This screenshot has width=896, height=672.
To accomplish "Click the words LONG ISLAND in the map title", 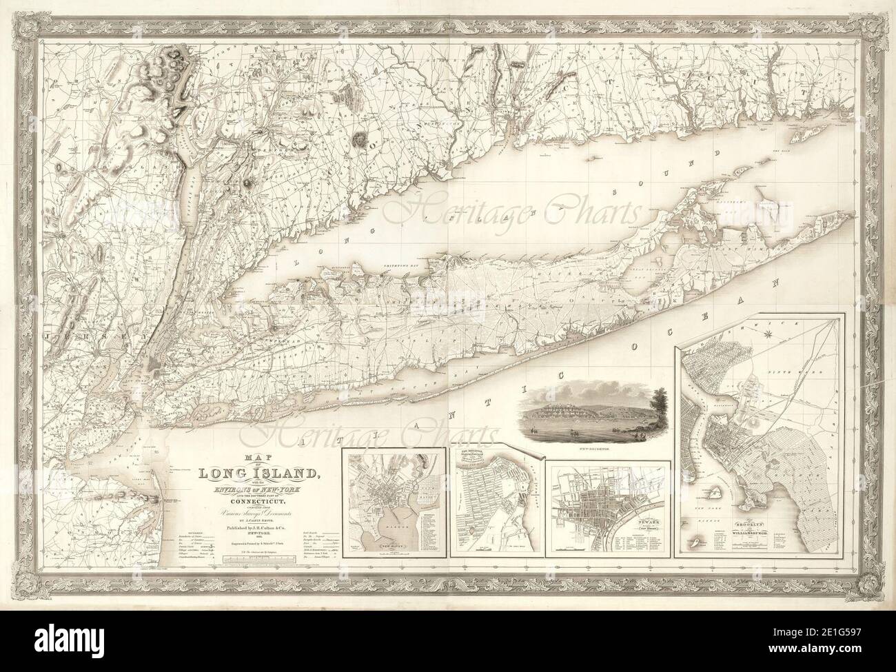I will pyautogui.click(x=258, y=473).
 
